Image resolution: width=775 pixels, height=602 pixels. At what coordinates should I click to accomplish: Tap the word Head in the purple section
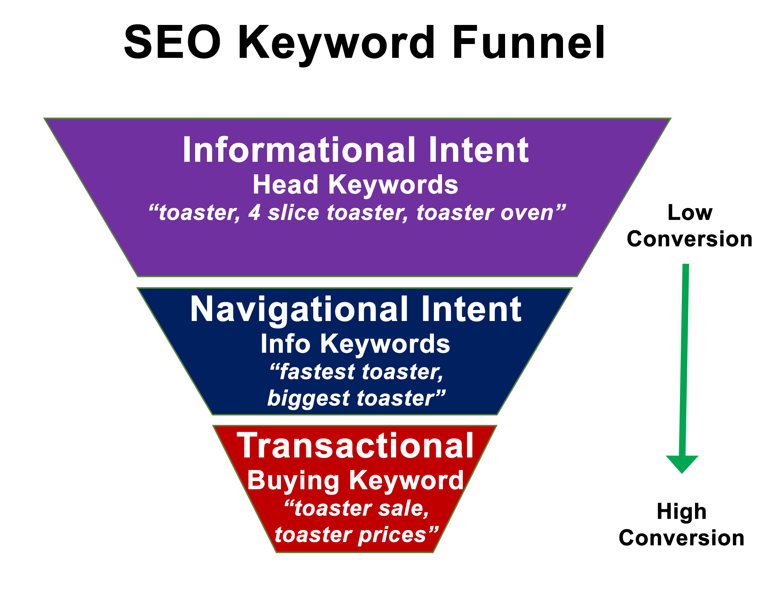(x=285, y=184)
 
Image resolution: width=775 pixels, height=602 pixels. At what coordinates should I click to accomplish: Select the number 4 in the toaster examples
(x=254, y=213)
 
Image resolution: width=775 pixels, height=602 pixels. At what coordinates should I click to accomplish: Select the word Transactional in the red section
(x=355, y=445)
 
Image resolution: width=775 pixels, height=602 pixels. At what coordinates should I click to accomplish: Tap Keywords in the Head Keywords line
(x=393, y=184)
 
